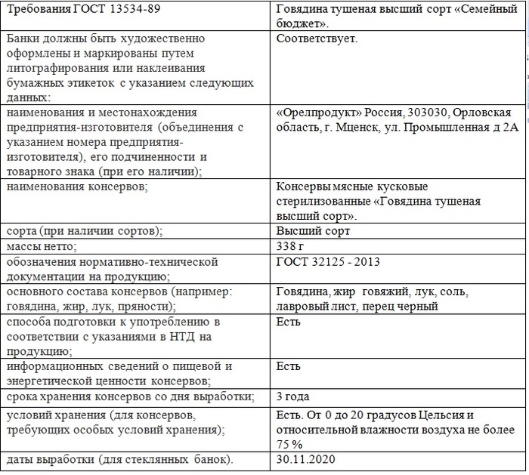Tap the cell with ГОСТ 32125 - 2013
tap(328, 261)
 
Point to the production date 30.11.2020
tap(306, 459)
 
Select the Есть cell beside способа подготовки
tap(289, 322)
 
